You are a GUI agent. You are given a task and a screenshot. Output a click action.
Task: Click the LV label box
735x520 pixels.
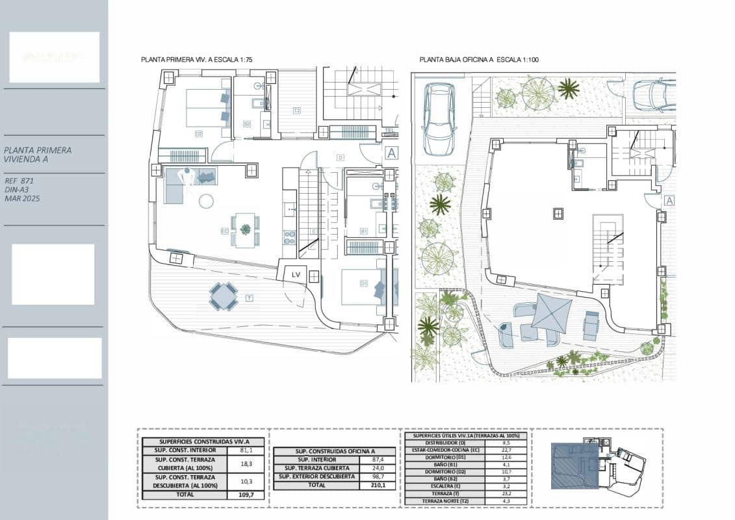[x=296, y=274]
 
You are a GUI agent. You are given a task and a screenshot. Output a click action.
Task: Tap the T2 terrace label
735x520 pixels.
[x=296, y=110]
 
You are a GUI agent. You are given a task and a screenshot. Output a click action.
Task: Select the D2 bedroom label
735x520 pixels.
[x=199, y=133]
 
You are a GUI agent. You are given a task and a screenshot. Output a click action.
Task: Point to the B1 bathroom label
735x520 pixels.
[x=364, y=231]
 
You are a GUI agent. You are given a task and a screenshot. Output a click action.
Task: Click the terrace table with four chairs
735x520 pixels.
[x=223, y=296]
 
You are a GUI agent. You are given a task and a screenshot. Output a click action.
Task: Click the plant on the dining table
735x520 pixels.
[x=246, y=229]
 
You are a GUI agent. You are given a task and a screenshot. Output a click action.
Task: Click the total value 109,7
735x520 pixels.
[x=241, y=495]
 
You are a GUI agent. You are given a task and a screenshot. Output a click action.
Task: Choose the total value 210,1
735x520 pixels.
[x=378, y=486]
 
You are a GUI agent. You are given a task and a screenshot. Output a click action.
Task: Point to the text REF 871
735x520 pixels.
[x=19, y=181]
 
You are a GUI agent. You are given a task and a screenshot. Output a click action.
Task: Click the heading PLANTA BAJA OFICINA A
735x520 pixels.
[x=479, y=60]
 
